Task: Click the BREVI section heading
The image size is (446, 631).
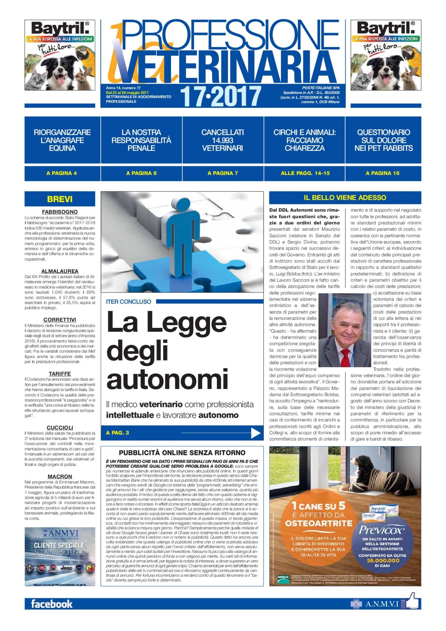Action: [x=60, y=199]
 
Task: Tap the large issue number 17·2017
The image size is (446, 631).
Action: [x=221, y=96]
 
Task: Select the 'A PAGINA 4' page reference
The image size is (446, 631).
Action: [x=62, y=173]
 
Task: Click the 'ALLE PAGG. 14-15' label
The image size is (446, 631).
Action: [x=305, y=173]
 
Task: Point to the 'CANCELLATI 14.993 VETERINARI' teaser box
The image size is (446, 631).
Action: [x=222, y=140]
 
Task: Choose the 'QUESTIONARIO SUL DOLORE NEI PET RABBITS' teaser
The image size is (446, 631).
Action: [x=383, y=140]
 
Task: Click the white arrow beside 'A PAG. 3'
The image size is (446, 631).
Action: [x=256, y=433]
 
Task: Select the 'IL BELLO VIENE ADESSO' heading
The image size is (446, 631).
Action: [x=345, y=198]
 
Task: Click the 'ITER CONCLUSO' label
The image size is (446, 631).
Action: [x=129, y=302]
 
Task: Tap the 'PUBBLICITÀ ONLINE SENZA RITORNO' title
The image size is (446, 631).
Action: [x=182, y=453]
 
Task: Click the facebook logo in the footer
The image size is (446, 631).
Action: [x=52, y=604]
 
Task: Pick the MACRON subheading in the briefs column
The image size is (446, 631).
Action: [x=60, y=476]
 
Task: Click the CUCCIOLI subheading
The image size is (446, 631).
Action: [x=60, y=427]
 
